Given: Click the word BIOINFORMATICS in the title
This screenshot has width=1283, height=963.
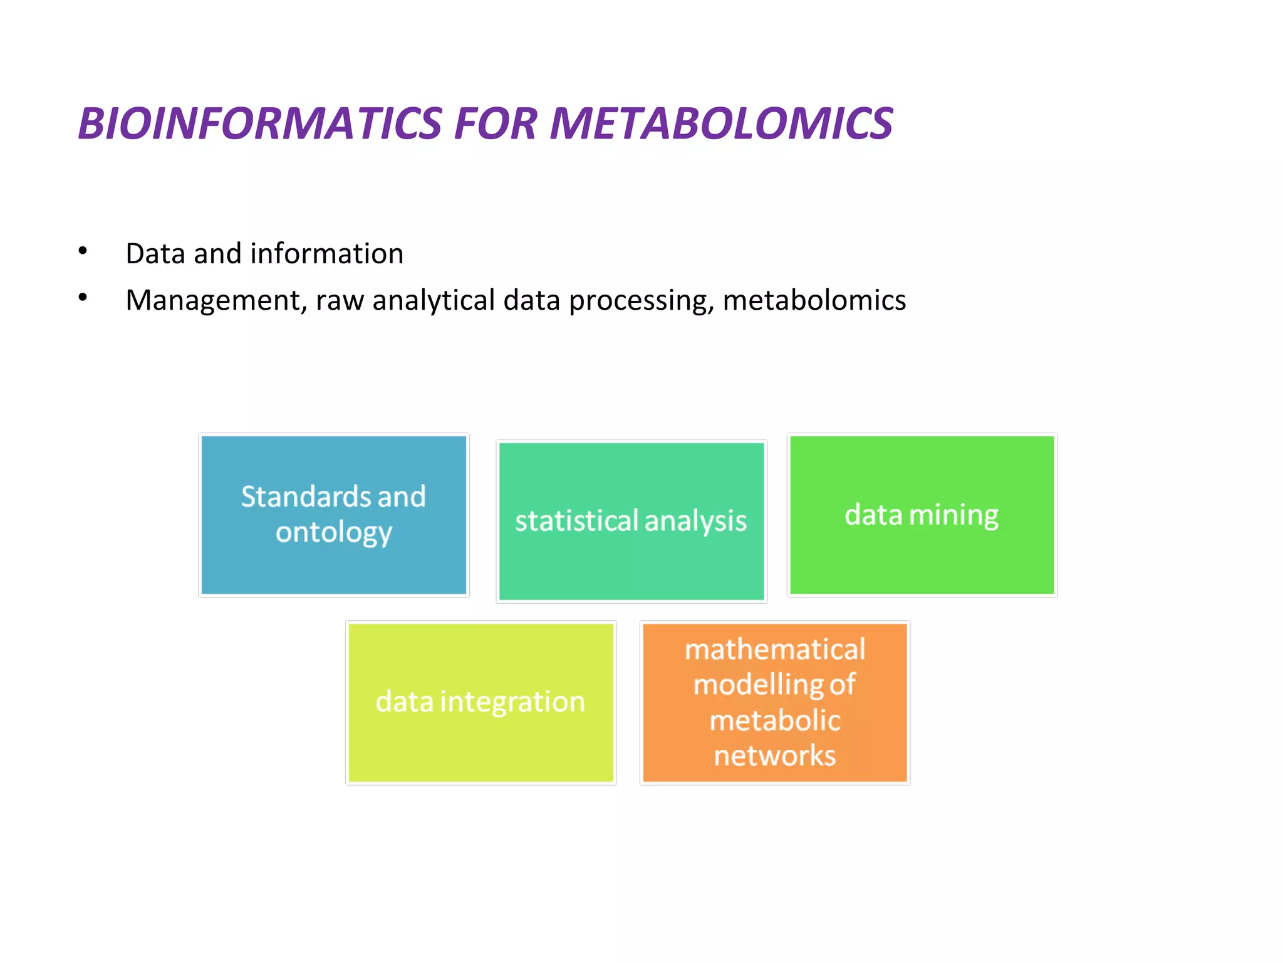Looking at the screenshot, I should coord(260,124).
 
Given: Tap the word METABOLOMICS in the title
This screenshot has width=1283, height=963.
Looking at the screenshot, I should coord(720,124).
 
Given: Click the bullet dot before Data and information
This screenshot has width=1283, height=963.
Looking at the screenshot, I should coord(83,251).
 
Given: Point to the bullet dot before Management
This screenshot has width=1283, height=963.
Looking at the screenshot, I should coord(83,297).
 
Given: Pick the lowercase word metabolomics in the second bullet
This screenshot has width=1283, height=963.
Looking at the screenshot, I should coord(814,300).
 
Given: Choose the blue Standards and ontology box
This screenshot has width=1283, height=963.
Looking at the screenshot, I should coord(334,564).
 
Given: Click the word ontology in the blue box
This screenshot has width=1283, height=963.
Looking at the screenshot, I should coord(334,533).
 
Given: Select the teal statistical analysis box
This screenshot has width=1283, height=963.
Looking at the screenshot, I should coord(631,564).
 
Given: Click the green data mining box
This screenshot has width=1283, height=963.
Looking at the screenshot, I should coord(922,558).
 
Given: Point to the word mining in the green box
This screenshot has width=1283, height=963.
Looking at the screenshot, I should coord(953,515).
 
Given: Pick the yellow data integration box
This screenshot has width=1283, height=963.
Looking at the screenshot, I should coord(480,746).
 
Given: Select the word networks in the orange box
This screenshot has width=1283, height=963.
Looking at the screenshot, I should coord(775,756).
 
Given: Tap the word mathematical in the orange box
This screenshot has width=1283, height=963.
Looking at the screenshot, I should coord(775,650).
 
